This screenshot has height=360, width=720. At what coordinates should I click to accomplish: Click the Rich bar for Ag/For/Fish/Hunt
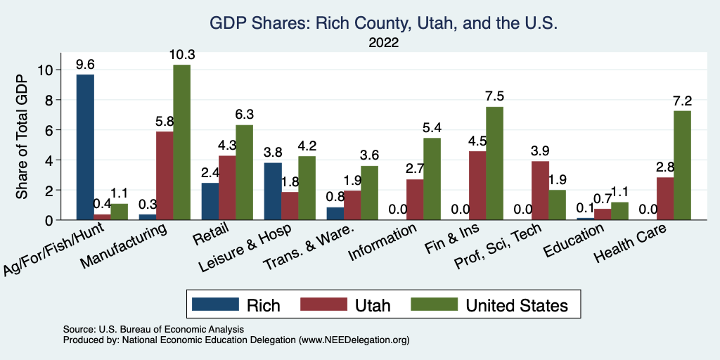[85, 148]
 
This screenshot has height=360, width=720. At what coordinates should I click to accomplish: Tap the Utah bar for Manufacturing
[165, 176]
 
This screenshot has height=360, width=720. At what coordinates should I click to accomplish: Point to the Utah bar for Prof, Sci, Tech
[540, 191]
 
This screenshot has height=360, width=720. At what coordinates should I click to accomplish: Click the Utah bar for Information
[415, 200]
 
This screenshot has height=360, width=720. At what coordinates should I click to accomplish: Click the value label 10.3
[181, 55]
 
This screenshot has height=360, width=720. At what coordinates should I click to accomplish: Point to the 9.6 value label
[85, 65]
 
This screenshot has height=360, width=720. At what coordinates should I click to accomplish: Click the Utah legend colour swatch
[324, 304]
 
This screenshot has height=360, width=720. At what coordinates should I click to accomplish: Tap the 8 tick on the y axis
[47, 100]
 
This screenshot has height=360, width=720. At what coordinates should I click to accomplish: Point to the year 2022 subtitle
[383, 43]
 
